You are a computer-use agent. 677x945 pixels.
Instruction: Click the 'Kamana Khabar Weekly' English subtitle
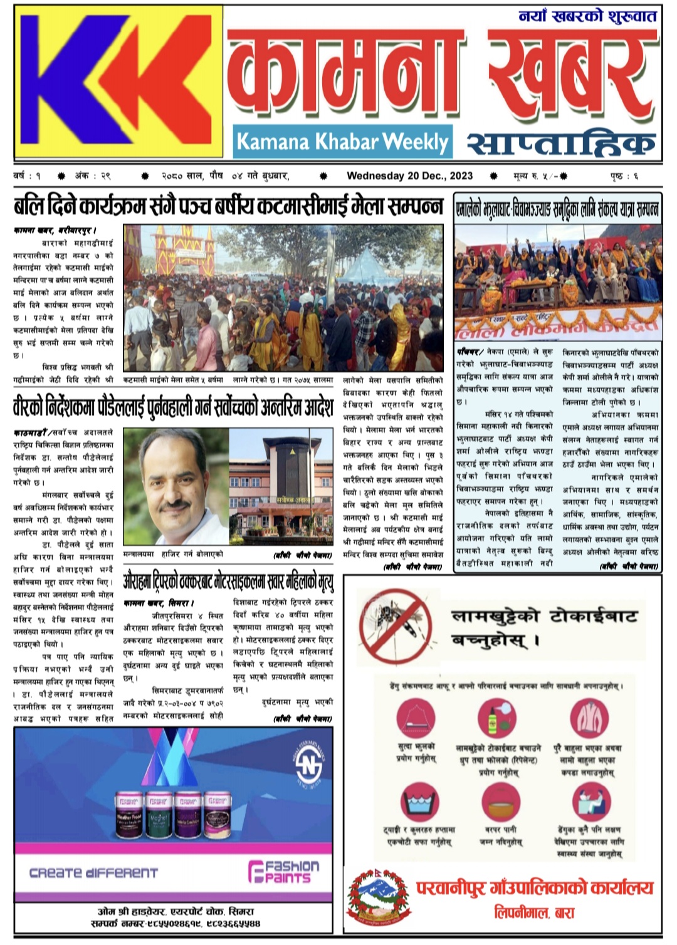pos(342,142)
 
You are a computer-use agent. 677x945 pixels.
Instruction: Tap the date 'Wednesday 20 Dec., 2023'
pos(409,176)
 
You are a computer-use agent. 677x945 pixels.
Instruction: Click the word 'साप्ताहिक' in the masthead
pos(562,144)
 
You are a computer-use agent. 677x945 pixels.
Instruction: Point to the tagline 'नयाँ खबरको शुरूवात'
pos(587,16)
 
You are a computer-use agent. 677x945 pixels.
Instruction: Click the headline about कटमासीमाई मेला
pos(229,207)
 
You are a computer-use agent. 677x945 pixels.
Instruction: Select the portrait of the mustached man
pos(176,486)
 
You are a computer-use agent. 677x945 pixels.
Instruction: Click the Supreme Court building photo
pos(280,486)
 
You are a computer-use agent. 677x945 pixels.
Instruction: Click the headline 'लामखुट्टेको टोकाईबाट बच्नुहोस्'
pos(544,627)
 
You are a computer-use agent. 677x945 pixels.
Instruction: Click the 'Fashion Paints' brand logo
pos(283,871)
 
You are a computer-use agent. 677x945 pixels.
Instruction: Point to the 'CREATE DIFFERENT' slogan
pos(94,872)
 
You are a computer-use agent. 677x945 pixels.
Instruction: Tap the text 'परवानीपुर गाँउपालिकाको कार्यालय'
pos(534,888)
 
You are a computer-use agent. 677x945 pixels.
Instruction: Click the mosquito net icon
pos(417,718)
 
